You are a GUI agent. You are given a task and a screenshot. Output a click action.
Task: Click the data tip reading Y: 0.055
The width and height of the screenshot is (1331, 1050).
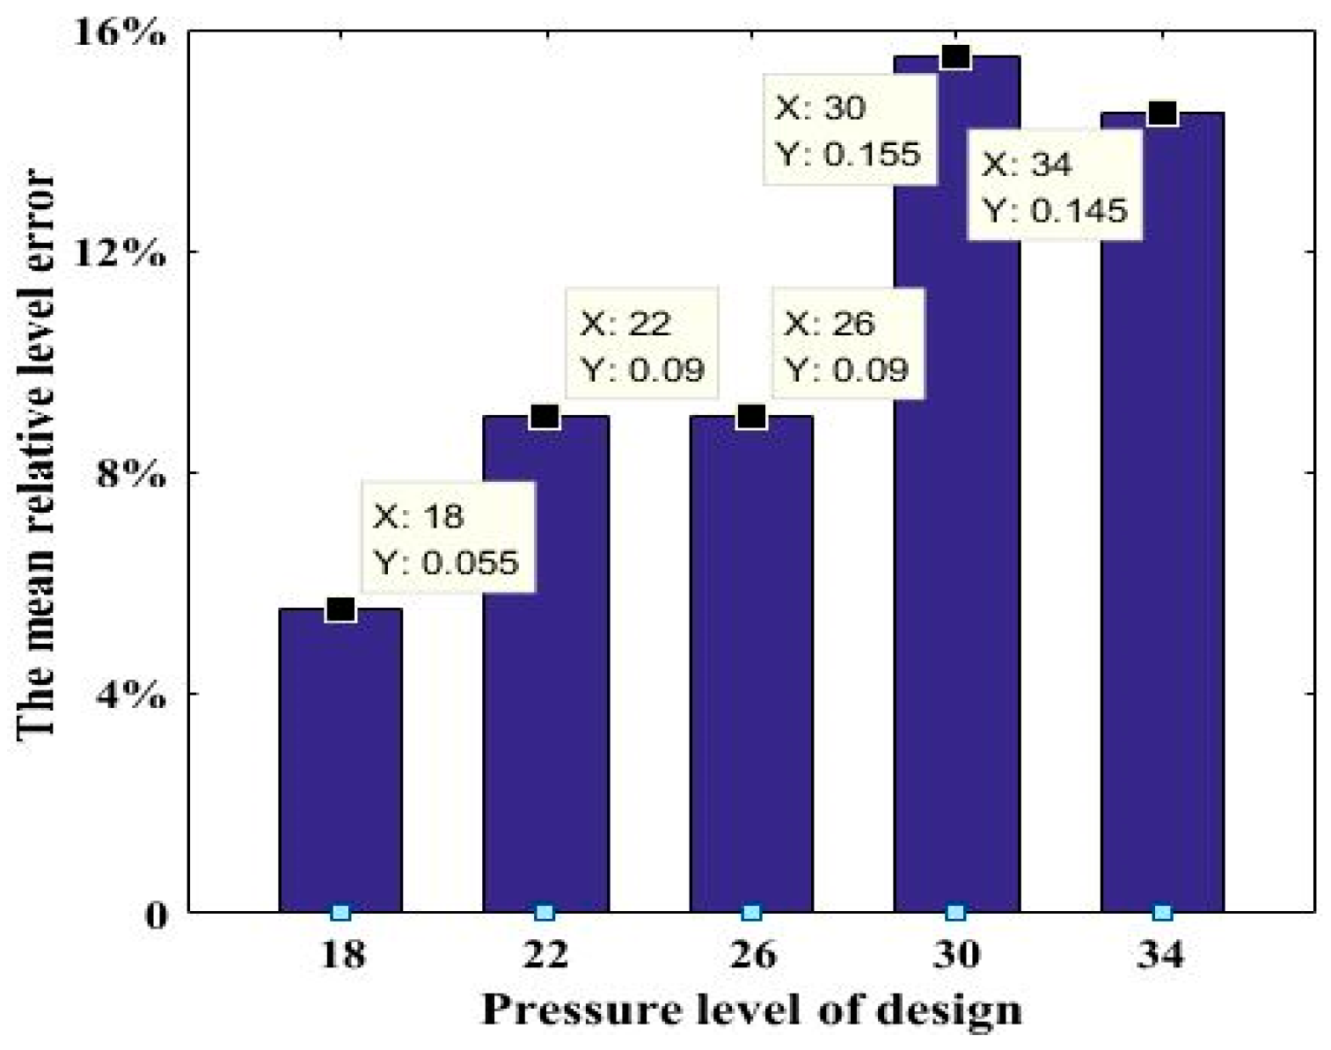pos(448,538)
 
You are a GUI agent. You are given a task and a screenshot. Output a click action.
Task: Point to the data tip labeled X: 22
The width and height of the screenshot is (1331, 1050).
pos(642,346)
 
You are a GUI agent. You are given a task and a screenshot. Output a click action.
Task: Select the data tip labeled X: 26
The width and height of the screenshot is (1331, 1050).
pos(848,346)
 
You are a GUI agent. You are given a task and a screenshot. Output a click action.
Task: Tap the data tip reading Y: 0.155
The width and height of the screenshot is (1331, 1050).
pos(848,130)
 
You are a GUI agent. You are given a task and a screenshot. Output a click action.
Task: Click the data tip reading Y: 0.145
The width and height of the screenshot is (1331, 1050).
pos(1055,186)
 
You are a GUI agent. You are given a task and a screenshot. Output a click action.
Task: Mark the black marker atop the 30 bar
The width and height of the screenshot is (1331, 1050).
pos(956,56)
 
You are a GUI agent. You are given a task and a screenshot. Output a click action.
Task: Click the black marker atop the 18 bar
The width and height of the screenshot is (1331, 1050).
pos(340,609)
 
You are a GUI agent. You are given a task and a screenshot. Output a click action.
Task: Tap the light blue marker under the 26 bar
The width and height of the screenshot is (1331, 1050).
pos(751,913)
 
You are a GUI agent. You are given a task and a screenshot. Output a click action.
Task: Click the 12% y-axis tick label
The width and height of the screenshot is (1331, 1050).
pos(121,254)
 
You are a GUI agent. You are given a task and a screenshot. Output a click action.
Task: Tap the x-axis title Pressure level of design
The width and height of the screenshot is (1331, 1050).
pos(752,1009)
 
